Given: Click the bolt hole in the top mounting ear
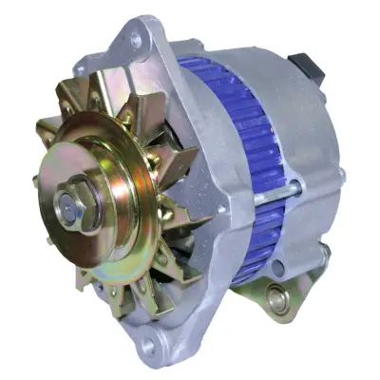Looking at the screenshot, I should (137, 41).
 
